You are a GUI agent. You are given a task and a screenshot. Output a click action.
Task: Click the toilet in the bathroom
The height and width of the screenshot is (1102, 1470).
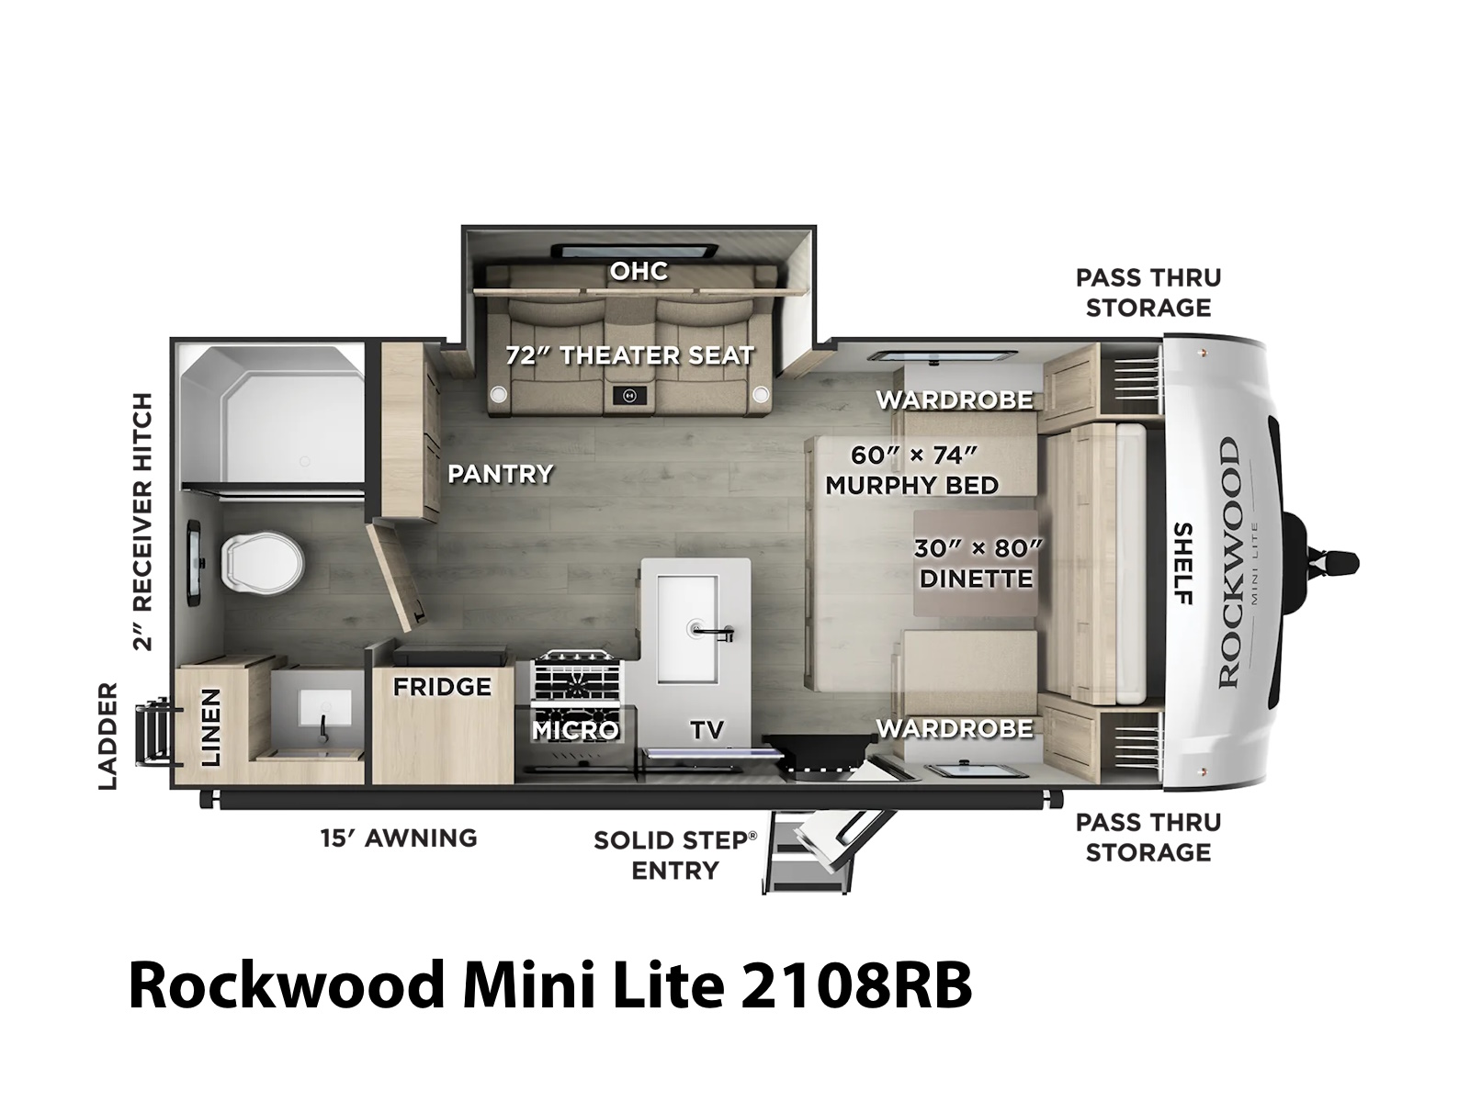pos(262,561)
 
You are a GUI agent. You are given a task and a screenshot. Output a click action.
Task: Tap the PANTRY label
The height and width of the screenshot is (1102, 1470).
pos(501,474)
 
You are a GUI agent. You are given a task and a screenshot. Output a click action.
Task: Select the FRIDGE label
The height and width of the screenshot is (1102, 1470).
pos(442,687)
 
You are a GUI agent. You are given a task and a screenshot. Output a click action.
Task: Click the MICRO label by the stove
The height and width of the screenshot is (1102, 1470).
pos(575,730)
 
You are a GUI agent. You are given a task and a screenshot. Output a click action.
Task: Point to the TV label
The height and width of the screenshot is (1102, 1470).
pos(707,729)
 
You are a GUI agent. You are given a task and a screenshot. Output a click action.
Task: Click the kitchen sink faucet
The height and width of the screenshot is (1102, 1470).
pos(714,632)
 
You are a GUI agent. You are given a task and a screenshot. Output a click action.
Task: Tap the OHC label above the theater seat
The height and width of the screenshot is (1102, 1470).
pos(639,271)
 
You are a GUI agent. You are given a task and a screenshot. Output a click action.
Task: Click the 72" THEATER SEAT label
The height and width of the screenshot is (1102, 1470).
pos(629,354)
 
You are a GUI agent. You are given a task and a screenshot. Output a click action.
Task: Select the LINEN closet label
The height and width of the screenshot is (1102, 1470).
pos(211,727)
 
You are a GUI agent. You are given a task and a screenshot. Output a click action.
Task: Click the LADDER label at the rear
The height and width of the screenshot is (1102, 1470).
pos(107,736)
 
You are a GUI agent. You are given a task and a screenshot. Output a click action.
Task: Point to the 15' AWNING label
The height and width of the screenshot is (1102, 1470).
pos(399,838)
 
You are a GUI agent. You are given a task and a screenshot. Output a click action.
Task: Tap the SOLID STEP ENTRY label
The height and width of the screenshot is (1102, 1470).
pos(675,855)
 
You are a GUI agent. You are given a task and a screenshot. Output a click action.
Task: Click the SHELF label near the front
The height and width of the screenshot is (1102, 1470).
pos(1183,563)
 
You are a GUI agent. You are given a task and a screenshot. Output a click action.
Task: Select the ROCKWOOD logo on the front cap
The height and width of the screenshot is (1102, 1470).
pos(1229,563)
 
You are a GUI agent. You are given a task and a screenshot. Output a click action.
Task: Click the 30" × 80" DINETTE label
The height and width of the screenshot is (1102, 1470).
pos(978,563)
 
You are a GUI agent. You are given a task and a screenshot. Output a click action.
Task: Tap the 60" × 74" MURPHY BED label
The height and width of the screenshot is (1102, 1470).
pos(912,470)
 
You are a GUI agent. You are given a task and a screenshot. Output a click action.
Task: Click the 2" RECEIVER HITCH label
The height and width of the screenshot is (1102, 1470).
pos(143,522)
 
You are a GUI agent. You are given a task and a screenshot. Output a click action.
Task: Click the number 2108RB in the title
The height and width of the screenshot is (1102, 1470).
pos(855,985)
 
